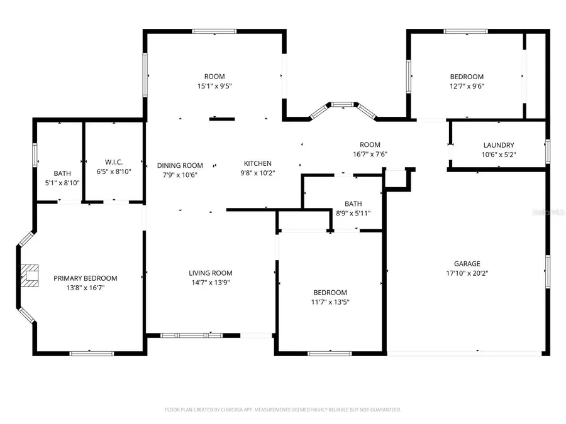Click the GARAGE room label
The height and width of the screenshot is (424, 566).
467,264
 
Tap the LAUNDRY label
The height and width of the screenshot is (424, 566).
498,145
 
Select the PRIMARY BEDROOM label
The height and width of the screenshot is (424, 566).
85,278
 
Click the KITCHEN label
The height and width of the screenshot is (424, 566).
257,163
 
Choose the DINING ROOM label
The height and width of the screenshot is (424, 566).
180,165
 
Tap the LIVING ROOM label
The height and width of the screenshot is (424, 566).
211,273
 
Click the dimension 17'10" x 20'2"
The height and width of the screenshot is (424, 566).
467,273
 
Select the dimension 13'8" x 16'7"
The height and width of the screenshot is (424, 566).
85,288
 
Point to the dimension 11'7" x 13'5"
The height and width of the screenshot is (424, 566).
330,302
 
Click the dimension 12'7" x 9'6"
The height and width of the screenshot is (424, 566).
466,86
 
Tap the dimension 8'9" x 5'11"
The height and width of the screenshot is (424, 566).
353,213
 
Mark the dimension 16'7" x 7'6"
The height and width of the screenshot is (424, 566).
369,155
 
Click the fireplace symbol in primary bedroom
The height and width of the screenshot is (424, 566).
30,275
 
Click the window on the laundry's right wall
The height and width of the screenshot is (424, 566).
547,151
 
